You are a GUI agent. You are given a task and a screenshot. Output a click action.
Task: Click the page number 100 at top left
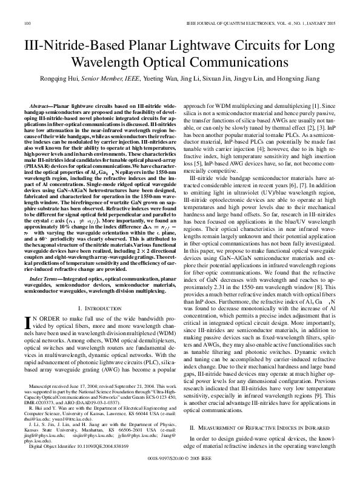click(x=27, y=23)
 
